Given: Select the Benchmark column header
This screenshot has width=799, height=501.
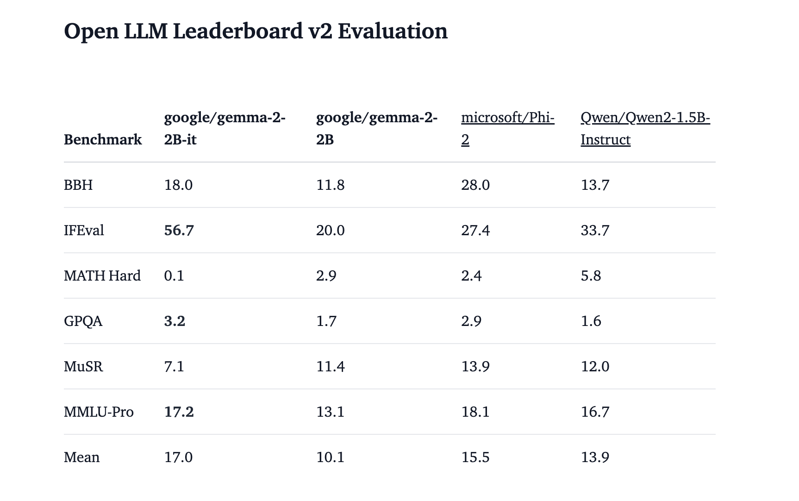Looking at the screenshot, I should (102, 139).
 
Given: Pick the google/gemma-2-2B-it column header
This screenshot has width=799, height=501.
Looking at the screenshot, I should (225, 128).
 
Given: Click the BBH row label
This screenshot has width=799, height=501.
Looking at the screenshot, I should (78, 185).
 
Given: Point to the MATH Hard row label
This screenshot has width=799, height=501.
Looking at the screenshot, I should (102, 276).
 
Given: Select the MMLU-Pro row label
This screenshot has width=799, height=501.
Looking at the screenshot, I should (99, 412).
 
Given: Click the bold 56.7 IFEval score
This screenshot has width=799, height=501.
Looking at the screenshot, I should (179, 230).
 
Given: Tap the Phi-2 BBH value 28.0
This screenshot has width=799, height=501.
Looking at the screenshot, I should (475, 185).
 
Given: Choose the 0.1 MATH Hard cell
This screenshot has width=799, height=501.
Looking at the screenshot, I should (174, 276).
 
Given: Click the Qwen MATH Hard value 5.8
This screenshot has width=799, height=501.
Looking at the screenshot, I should (591, 276).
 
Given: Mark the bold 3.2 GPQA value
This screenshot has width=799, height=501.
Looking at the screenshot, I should (175, 321).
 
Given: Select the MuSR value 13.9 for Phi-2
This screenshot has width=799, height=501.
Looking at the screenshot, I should (475, 366).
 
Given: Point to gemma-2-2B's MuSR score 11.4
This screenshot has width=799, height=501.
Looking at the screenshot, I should (330, 366).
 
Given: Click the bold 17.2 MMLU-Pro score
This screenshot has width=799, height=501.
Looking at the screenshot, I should (179, 412).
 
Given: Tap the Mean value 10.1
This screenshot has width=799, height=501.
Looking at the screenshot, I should (330, 457).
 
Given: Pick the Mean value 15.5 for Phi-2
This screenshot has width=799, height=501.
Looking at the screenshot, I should (475, 457).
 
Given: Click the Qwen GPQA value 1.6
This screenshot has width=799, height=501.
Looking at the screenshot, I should (591, 321).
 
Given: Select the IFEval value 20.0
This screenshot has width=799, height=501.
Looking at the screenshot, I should (330, 230).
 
